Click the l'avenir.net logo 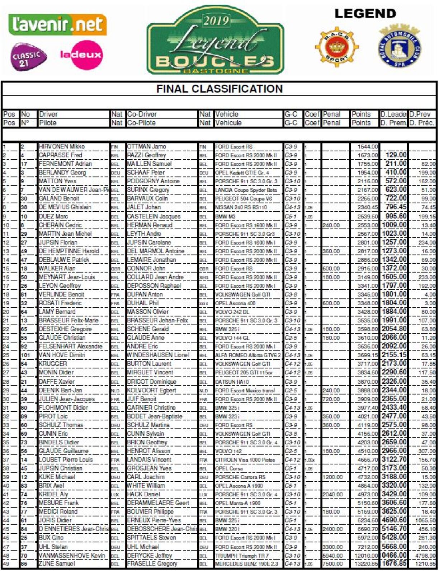pos(57,24)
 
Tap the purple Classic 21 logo pos(28,57)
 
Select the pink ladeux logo pos(81,55)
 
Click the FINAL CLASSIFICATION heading pos(219,89)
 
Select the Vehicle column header pos(227,114)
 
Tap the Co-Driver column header pos(142,114)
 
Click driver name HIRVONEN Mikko pos(62,146)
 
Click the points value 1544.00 pos(368,147)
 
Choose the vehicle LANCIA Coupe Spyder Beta pos(246,190)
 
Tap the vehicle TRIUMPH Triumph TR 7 pos(242,556)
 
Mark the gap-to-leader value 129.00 pos(396,155)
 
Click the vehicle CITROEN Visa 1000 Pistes pos(245,460)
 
